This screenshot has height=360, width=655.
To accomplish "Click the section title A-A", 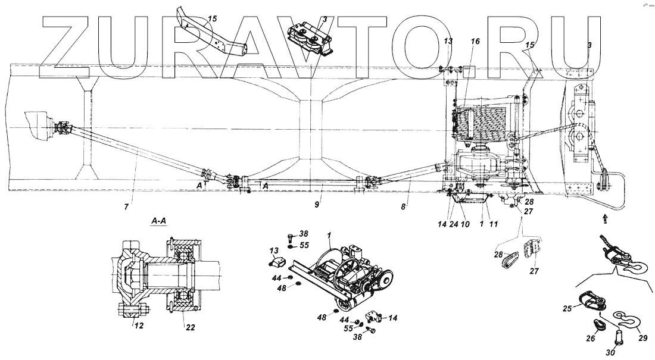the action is pos(159,221).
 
